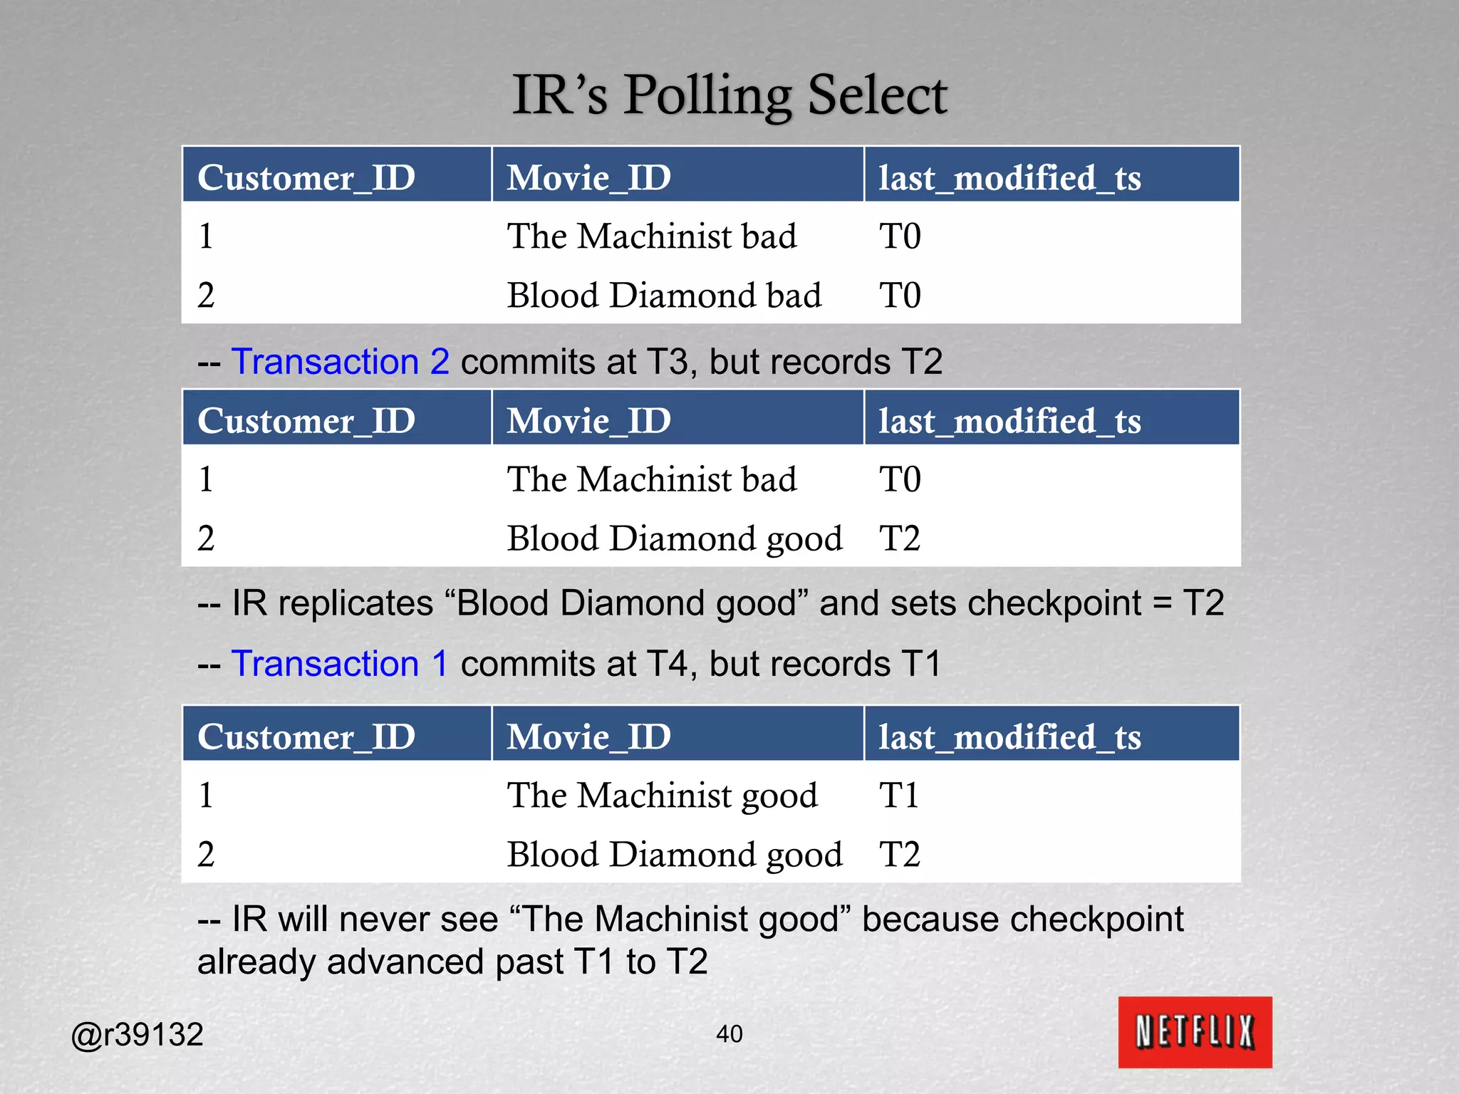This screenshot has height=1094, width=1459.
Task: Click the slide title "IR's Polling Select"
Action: tap(729, 95)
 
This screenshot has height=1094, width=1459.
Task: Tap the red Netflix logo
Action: tap(1195, 1031)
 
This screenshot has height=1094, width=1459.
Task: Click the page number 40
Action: tap(729, 1033)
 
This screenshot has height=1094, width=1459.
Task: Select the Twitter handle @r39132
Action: tap(137, 1034)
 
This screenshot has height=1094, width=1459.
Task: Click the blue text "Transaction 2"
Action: tap(341, 362)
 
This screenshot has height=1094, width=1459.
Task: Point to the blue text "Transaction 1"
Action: tap(340, 664)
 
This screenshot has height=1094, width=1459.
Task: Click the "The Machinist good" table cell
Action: tap(662, 795)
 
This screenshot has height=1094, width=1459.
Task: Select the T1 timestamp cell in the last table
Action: tap(899, 795)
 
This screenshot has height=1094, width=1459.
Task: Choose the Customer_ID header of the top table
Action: tap(306, 177)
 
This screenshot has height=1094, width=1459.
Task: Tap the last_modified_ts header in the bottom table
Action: tap(1009, 736)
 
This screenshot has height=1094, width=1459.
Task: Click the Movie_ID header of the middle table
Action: tap(588, 421)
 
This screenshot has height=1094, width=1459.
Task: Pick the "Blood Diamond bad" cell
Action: tap(664, 295)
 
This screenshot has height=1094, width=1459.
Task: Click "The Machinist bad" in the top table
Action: tap(651, 236)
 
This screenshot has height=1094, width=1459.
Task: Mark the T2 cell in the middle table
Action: tap(900, 538)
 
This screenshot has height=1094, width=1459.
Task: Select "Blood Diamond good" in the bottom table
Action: tap(674, 854)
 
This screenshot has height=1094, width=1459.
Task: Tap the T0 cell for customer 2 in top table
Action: tap(900, 295)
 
